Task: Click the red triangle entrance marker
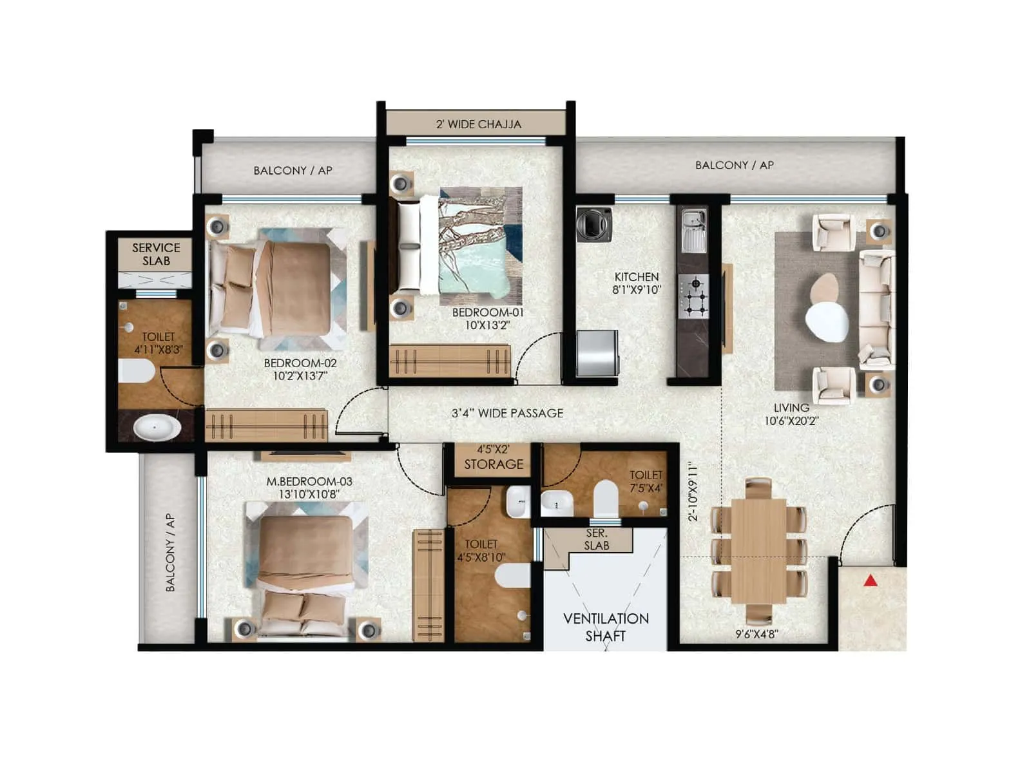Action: click(871, 581)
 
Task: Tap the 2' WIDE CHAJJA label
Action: click(478, 124)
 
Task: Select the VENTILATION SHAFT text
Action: click(606, 627)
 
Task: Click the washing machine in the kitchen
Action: click(594, 224)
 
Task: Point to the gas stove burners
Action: click(694, 296)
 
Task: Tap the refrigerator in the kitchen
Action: click(597, 353)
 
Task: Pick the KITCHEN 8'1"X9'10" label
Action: click(637, 283)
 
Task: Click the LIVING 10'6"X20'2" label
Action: click(791, 414)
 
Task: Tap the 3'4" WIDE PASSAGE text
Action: click(507, 413)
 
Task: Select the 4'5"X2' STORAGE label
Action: click(494, 457)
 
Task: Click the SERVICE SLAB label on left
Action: click(156, 254)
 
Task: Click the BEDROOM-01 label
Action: click(488, 318)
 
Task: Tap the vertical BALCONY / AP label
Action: click(170, 552)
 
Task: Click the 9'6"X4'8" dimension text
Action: click(756, 634)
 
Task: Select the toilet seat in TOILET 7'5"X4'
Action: click(606, 497)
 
